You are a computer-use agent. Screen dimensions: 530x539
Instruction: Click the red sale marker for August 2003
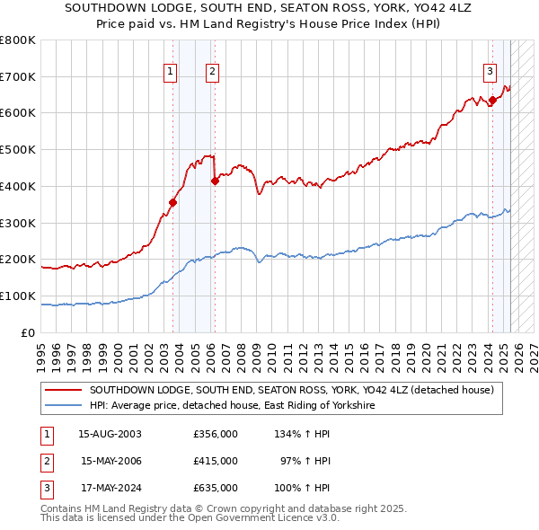click(172, 202)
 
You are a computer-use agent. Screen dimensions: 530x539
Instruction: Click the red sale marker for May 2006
click(215, 181)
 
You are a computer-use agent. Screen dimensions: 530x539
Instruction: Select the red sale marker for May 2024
click(492, 100)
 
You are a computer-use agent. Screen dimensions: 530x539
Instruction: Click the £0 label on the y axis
click(30, 332)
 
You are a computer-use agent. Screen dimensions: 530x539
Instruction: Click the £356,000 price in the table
click(216, 434)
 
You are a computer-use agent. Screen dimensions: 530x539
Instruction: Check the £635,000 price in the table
click(216, 488)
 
